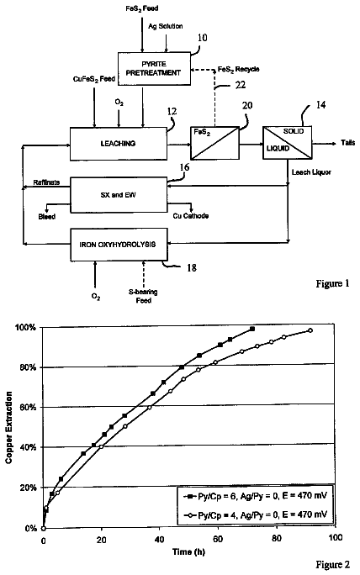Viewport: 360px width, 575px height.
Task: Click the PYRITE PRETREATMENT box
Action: coord(154,69)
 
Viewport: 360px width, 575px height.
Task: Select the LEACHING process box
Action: coord(118,144)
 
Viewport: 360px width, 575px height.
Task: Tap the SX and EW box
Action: coord(118,195)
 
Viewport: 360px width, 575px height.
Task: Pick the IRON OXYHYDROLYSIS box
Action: coord(118,245)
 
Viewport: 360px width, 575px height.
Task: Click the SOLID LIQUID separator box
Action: coord(288,143)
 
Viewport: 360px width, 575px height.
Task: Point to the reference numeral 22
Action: coord(240,85)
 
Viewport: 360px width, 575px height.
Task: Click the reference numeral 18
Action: coord(192,268)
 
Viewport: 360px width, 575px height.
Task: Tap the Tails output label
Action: coord(347,143)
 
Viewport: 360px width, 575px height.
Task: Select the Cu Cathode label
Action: coord(191,216)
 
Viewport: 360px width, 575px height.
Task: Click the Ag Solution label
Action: coord(166,26)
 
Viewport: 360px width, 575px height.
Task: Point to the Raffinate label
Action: coord(46,182)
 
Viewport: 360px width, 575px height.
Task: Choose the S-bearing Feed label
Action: coord(143,296)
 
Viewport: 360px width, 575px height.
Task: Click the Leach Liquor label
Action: coord(311,172)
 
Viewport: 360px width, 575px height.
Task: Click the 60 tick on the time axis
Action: coord(218,538)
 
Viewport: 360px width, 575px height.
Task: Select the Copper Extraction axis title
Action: coord(8,428)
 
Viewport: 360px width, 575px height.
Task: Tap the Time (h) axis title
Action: coord(188,552)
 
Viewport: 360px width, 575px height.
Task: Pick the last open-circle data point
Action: coord(310,330)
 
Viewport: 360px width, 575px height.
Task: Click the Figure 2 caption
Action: coord(333,565)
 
